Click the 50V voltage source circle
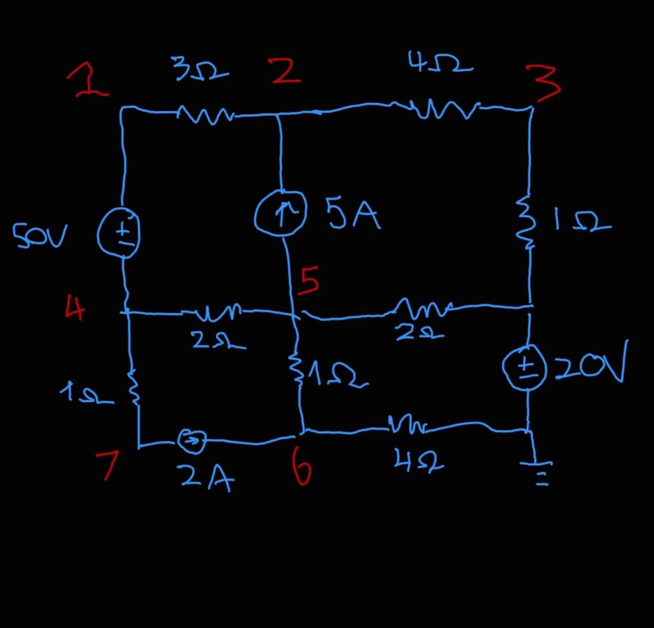pyautogui.click(x=119, y=234)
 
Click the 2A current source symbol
pyautogui.click(x=192, y=439)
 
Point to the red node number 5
pyautogui.click(x=309, y=281)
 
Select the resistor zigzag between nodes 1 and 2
pyautogui.click(x=203, y=115)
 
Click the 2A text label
pyautogui.click(x=206, y=478)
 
